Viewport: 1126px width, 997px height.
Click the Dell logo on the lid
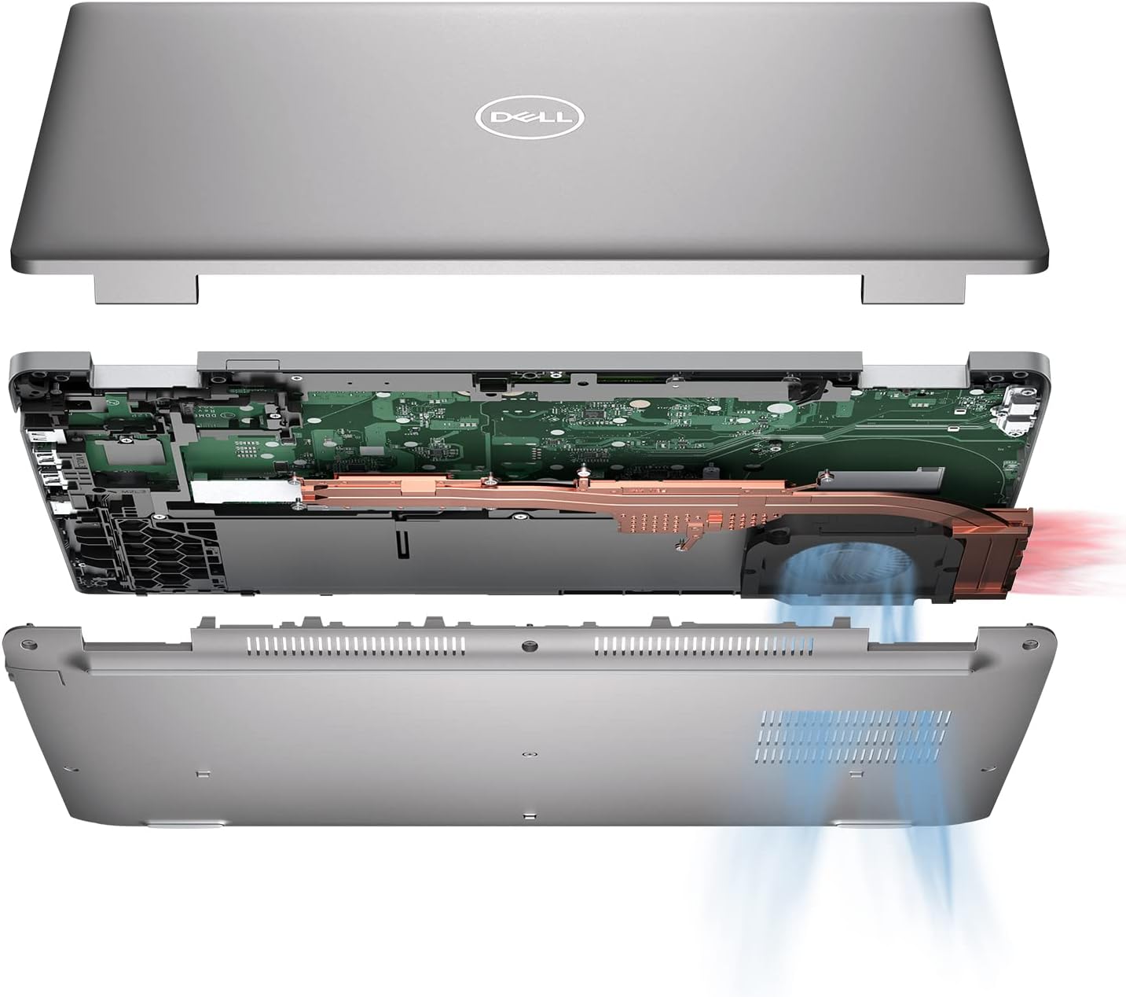(x=530, y=119)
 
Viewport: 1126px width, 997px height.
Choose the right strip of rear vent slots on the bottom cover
(x=703, y=646)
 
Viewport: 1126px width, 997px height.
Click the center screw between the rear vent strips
(x=527, y=646)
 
